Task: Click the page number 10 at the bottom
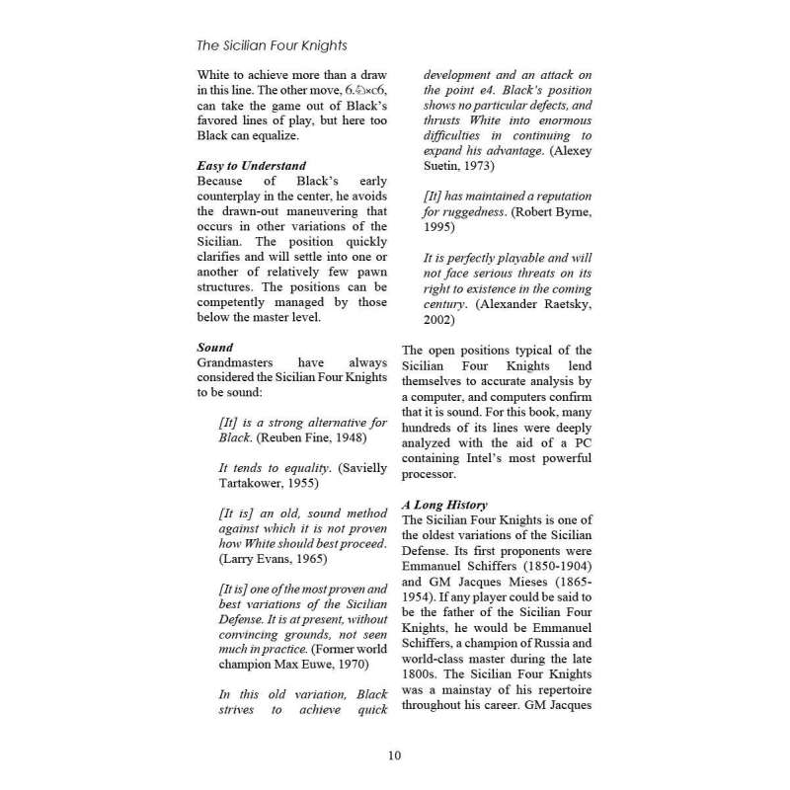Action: pyautogui.click(x=394, y=756)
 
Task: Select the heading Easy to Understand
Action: pyautogui.click(x=251, y=166)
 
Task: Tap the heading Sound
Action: pyautogui.click(x=214, y=348)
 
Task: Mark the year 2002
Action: pyautogui.click(x=441, y=320)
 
